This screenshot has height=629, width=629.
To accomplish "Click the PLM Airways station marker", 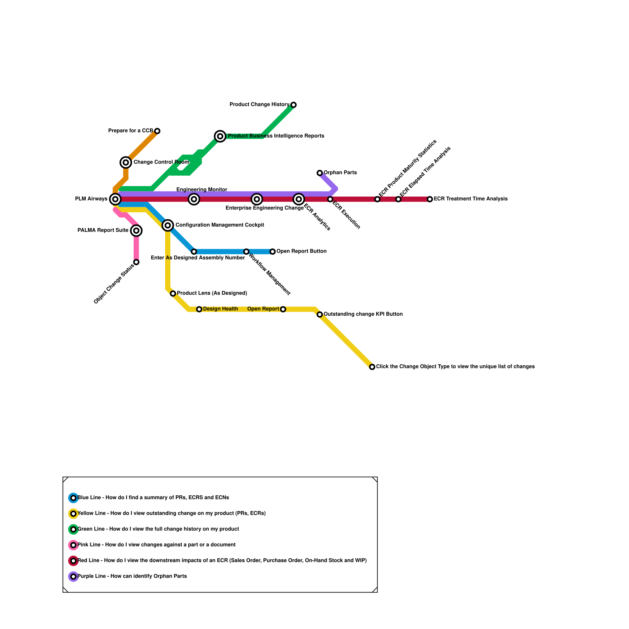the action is coord(115,199).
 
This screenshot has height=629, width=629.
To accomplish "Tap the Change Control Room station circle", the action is coord(126,162).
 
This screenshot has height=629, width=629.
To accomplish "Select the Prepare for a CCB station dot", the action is coord(157,131).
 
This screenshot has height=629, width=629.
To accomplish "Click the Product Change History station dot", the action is coord(294,105).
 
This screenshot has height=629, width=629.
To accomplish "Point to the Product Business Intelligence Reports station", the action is coord(220,136).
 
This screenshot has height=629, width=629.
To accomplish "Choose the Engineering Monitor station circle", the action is coord(194,199).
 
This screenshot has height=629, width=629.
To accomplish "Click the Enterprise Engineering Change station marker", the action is coord(257,199).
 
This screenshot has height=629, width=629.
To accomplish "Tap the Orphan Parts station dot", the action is coord(320,173).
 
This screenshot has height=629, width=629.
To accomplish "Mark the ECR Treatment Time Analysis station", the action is coord(430,199).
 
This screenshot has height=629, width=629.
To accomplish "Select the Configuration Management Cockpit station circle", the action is coord(168,225).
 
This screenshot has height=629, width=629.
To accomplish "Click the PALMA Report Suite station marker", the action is coord(136,231).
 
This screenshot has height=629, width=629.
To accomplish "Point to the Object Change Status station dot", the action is coord(136,262).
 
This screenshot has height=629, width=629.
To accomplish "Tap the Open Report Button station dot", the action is coord(272,252).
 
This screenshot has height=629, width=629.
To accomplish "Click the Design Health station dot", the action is coord(199,309).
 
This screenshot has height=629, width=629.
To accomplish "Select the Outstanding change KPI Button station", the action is coord(320,314).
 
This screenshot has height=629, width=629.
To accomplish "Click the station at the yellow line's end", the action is coord(372,367).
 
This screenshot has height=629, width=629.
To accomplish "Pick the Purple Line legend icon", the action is coord(74,577).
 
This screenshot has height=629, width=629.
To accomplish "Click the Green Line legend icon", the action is coord(74,530).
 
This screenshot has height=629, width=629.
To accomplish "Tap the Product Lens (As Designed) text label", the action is coord(212,293).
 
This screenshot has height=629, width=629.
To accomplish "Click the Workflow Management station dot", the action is coord(246,252).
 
